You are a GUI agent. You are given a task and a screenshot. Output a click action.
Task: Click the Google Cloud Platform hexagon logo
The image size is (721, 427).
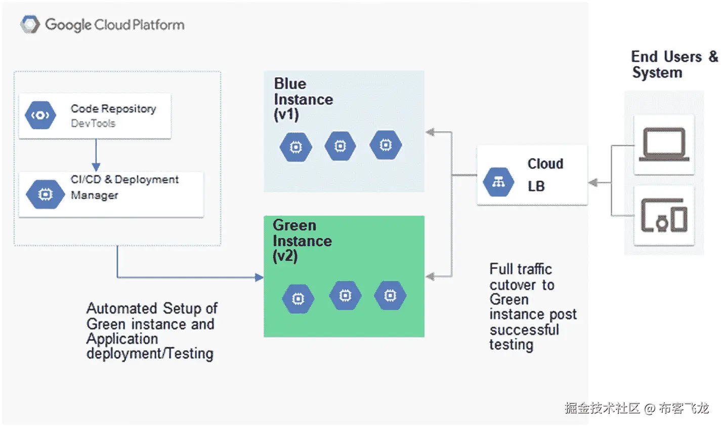click(30, 24)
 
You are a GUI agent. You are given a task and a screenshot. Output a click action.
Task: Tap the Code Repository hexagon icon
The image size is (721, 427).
click(40, 115)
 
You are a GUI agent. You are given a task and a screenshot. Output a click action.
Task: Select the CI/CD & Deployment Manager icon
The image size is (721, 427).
click(45, 194)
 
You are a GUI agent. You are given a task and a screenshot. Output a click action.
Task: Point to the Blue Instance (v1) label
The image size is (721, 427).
click(303, 99)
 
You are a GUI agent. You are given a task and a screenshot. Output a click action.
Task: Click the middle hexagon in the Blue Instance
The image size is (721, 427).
click(341, 146)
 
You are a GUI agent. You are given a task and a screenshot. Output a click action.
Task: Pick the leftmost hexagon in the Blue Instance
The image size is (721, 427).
click(295, 147)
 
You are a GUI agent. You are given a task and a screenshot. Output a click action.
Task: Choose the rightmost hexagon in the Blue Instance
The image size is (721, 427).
click(386, 145)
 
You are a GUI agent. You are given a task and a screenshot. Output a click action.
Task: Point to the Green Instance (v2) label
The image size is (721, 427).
click(302, 241)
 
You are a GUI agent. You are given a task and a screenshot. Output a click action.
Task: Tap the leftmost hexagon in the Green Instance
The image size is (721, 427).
click(298, 299)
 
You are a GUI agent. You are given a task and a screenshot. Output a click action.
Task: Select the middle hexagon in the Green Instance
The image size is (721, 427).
click(345, 295)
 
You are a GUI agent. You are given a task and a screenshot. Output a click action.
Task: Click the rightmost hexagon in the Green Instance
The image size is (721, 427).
click(390, 295)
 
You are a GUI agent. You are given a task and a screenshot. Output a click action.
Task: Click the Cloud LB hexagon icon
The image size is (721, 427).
click(498, 182)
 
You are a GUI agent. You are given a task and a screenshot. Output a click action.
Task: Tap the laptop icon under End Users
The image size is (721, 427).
click(664, 145)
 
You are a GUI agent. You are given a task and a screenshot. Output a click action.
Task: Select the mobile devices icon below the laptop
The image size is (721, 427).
click(664, 215)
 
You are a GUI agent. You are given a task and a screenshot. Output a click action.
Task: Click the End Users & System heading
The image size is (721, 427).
click(673, 64)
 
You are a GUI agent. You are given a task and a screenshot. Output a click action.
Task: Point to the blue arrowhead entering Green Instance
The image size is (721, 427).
click(259, 277)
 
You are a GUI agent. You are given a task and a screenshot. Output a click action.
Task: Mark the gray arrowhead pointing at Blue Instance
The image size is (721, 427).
click(431, 133)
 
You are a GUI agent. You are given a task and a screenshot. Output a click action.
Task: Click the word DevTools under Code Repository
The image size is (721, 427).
click(93, 123)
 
